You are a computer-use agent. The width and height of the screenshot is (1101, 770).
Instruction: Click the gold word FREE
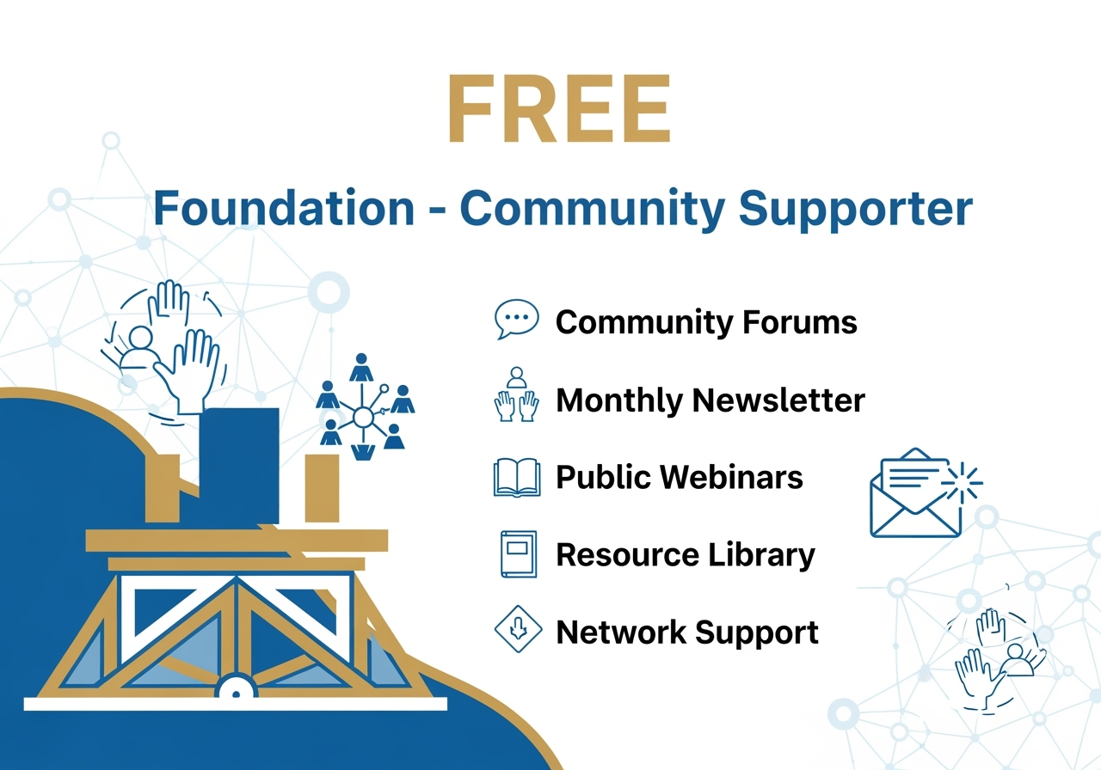click(560, 109)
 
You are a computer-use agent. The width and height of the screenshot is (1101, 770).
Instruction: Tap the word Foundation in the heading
click(284, 208)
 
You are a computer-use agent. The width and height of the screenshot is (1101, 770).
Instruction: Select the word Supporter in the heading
click(856, 211)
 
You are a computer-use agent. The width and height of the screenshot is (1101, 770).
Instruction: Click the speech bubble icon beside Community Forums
click(516, 319)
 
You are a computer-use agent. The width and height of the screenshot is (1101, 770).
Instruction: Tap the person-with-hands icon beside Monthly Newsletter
click(516, 394)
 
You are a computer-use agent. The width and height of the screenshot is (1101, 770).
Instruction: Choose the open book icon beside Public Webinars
click(517, 477)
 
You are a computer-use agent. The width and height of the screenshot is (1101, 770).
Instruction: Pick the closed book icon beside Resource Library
click(519, 554)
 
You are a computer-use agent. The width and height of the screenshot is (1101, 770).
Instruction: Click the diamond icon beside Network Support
click(518, 630)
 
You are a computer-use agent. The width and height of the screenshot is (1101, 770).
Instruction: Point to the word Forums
click(800, 322)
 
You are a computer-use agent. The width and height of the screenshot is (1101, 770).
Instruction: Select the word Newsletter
click(778, 400)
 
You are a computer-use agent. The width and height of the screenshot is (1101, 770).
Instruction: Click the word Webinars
click(731, 477)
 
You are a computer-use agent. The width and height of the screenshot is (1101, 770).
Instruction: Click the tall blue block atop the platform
click(239, 466)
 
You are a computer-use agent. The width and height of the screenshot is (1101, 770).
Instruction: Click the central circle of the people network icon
click(363, 418)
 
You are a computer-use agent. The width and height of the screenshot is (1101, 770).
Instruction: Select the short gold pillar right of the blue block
click(322, 488)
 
